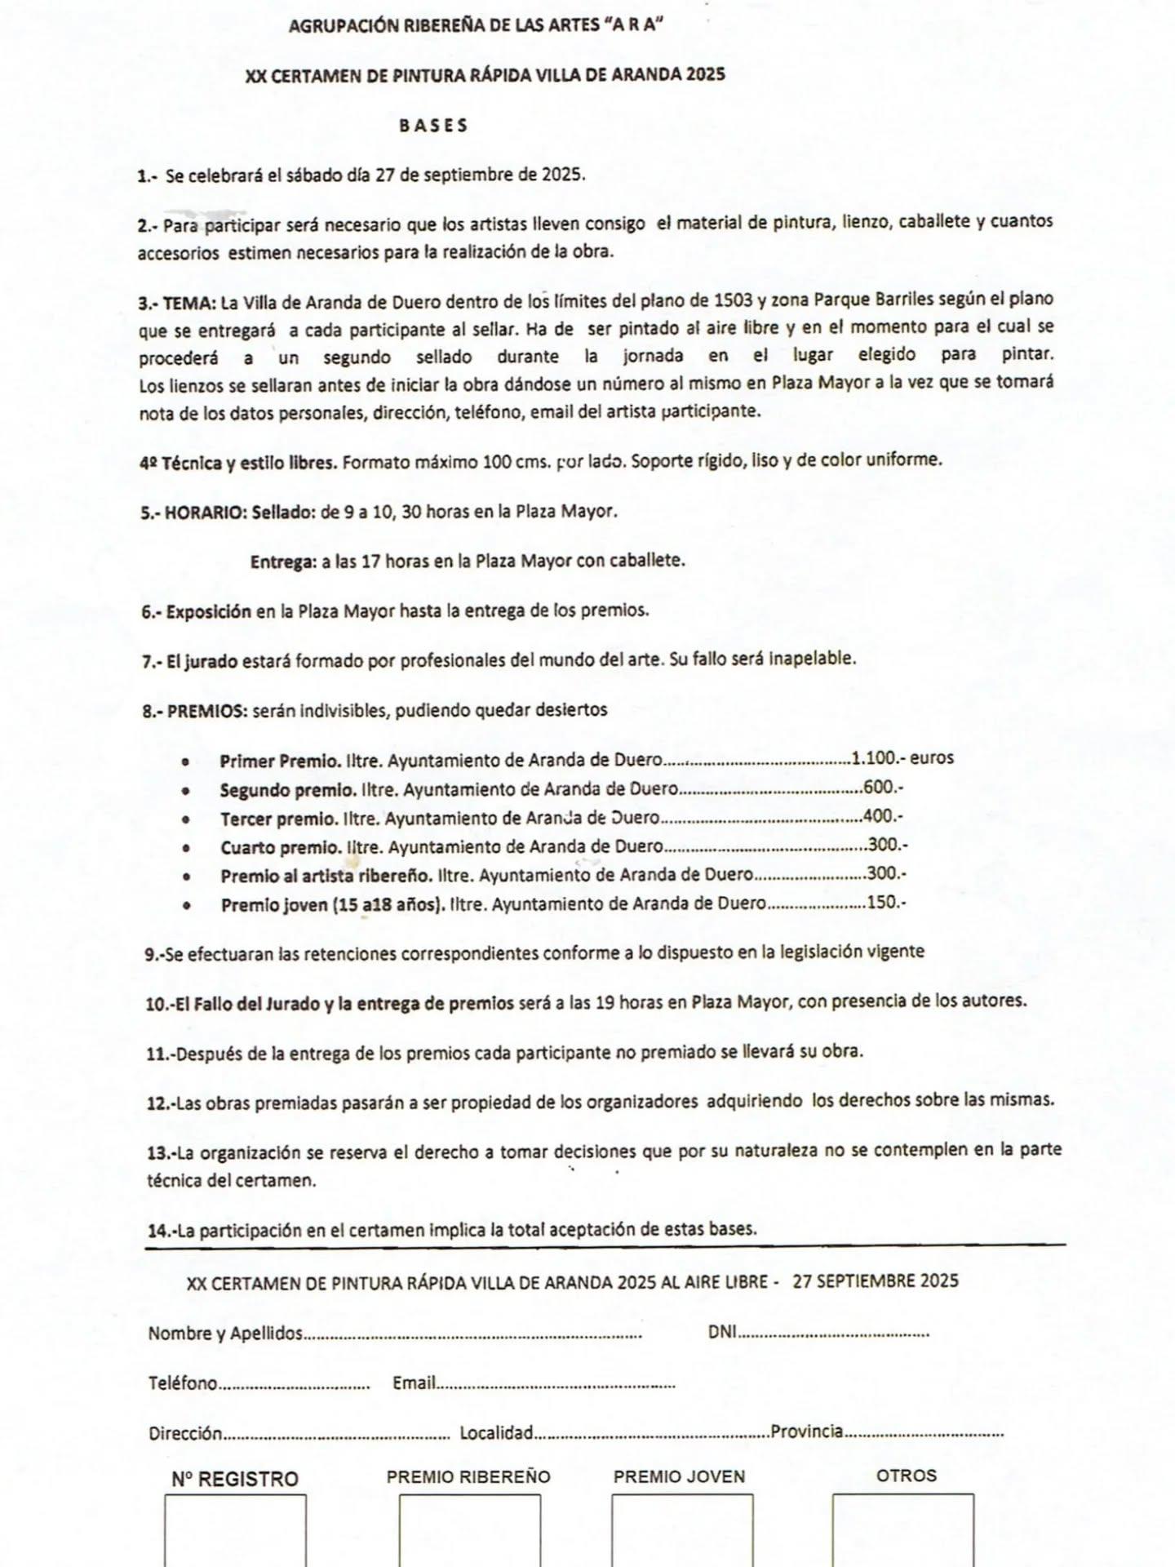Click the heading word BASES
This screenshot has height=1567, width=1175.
click(x=433, y=126)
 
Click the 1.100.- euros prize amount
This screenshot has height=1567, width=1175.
click(x=902, y=758)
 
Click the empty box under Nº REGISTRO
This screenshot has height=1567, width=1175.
click(x=236, y=1529)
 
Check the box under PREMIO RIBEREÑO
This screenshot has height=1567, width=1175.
click(x=470, y=1529)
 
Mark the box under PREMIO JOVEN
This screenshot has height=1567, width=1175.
click(x=682, y=1529)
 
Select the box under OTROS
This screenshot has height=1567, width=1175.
click(x=903, y=1529)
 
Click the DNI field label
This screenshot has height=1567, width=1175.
click(x=722, y=1332)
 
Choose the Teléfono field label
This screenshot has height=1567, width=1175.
click(x=183, y=1383)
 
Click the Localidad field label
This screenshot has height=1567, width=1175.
click(x=496, y=1433)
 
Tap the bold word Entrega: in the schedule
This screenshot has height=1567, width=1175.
click(x=283, y=562)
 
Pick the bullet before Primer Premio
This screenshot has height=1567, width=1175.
click(x=186, y=761)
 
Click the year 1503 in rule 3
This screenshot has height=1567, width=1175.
click(x=733, y=300)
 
